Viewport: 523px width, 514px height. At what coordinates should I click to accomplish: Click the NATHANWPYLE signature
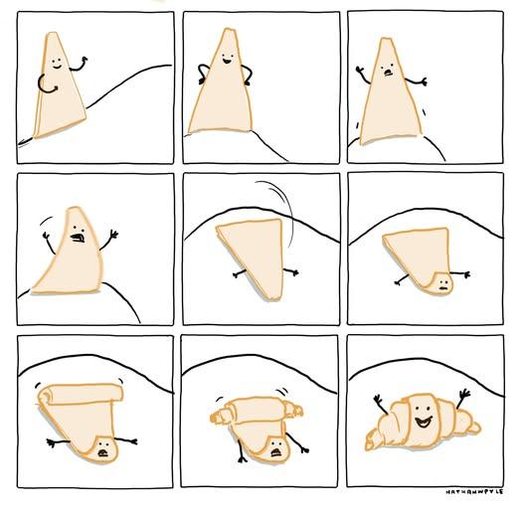(x=475, y=492)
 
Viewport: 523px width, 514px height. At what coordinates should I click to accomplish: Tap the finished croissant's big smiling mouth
(x=424, y=422)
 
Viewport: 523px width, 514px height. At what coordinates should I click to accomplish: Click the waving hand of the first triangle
(x=85, y=60)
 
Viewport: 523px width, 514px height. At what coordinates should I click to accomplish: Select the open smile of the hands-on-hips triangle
(x=227, y=61)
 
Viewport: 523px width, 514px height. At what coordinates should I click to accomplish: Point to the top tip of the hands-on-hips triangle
(x=229, y=30)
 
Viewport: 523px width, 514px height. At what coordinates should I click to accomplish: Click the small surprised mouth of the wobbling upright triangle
(x=388, y=72)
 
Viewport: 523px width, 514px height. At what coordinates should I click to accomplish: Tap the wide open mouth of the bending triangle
(x=78, y=238)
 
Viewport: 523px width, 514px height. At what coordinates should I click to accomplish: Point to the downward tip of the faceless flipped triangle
(x=274, y=298)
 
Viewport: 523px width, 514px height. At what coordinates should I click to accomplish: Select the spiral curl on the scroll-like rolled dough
(x=46, y=395)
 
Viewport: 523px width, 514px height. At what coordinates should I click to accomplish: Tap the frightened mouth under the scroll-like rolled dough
(x=102, y=453)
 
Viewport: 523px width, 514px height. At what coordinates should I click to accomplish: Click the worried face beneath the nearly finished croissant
(x=275, y=449)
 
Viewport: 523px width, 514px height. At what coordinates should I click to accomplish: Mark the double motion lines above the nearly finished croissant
(x=282, y=391)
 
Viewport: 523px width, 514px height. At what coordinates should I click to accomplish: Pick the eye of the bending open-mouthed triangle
(x=75, y=228)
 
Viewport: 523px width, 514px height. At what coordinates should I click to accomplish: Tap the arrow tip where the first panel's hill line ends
(x=20, y=144)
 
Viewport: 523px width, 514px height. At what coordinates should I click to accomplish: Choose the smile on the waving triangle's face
(x=57, y=67)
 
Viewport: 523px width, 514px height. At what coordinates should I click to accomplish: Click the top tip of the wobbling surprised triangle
(x=386, y=40)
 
